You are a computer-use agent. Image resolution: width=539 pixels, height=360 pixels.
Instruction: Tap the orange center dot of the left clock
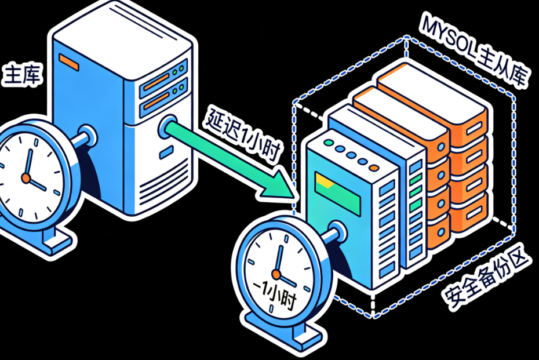pos(26,178)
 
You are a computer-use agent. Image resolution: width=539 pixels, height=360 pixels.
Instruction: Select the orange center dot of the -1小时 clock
pos(276,273)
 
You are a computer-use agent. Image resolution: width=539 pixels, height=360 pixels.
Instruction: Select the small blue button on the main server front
pos(167,152)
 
